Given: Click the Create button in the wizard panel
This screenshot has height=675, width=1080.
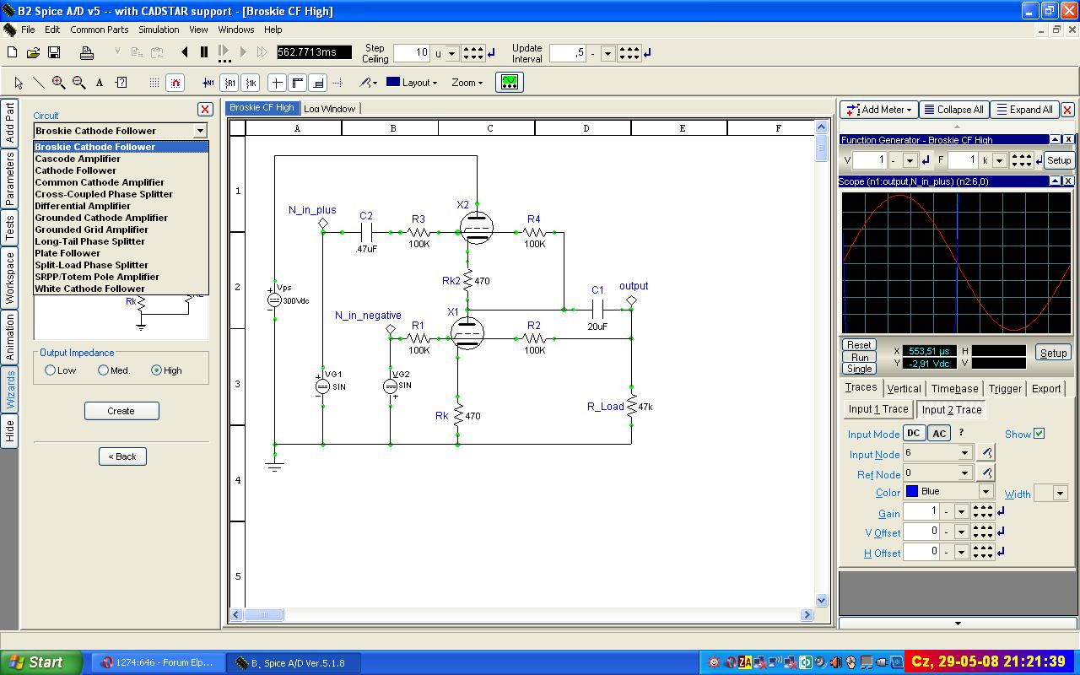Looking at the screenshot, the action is coord(121,411).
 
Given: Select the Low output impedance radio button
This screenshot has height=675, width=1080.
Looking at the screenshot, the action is coord(50,370).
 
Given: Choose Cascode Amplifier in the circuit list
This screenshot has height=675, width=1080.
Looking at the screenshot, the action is coord(78,159).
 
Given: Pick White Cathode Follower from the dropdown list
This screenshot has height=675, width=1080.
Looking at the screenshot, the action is coord(89,289).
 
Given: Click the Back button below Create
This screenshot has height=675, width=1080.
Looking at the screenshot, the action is coord(122,456).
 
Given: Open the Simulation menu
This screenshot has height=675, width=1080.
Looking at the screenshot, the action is coord(159,30).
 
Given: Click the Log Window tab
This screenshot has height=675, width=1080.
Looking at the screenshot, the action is coord(329,109).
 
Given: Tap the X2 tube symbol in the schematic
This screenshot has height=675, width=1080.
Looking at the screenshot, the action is coord(477,227).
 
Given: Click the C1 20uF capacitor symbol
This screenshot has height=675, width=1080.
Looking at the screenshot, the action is coord(597,309).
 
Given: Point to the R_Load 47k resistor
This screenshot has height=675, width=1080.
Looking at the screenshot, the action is coord(631,407).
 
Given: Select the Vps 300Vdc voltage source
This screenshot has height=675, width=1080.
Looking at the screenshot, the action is coord(274,300).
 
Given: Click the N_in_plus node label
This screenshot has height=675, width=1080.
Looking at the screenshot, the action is coord(312,210).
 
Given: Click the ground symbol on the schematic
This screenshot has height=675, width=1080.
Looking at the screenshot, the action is coord(274,466).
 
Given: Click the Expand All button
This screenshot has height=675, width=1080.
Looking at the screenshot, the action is coord(1024,110).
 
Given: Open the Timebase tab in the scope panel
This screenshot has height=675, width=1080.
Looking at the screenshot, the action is coord(954,389).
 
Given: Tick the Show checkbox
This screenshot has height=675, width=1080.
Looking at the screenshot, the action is coord(1039,434).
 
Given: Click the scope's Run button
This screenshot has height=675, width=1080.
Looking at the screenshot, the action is coord(860,357).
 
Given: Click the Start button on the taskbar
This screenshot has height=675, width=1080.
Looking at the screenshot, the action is coord(42,662).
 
